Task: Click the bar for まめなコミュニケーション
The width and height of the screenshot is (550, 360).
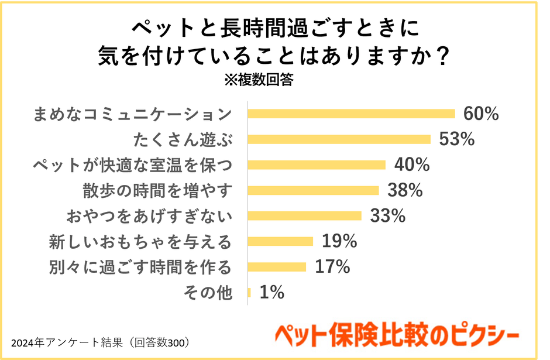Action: click(351, 114)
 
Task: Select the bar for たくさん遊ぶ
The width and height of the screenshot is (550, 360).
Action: click(339, 139)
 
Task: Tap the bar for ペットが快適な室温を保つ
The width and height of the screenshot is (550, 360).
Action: click(317, 164)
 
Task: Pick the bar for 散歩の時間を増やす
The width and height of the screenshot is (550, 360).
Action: click(314, 190)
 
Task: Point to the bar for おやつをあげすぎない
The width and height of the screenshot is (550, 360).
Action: click(304, 215)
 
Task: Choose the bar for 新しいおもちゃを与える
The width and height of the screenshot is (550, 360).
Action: click(280, 241)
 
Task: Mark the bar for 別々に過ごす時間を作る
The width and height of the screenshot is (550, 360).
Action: click(277, 267)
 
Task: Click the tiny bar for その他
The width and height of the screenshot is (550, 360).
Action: click(249, 292)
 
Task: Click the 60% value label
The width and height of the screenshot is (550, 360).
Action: click(480, 114)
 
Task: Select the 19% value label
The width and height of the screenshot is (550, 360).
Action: click(339, 241)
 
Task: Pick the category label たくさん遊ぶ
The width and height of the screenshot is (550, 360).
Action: click(183, 140)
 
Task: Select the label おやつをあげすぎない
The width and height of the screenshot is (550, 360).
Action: click(149, 216)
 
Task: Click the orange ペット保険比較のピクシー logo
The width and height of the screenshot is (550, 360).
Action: click(397, 335)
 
